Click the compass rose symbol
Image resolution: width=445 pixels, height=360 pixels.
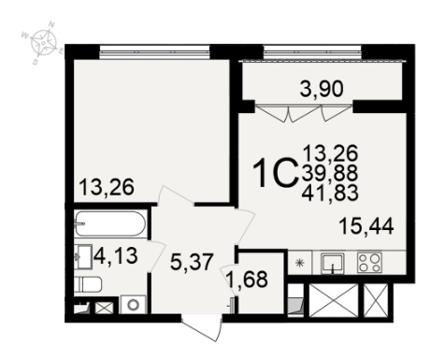pyautogui.click(x=43, y=41)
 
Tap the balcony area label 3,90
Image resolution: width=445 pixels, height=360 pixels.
pyautogui.click(x=321, y=89)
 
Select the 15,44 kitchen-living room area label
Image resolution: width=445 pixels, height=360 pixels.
pyautogui.click(x=366, y=225)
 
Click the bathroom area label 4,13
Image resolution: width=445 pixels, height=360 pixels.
pyautogui.click(x=116, y=256)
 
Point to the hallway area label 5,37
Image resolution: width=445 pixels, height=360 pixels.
pyautogui.click(x=192, y=262)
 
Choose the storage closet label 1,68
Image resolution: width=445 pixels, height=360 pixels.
pyautogui.click(x=249, y=279)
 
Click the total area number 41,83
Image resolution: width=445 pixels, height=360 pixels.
pyautogui.click(x=330, y=193)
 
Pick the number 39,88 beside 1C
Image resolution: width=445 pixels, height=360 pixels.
pyautogui.click(x=330, y=173)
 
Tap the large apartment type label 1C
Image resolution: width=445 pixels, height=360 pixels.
pyautogui.click(x=274, y=173)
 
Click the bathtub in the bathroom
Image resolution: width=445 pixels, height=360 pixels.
pyautogui.click(x=109, y=223)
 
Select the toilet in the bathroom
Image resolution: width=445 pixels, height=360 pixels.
pyautogui.click(x=88, y=284)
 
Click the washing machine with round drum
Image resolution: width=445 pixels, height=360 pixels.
pyautogui.click(x=133, y=304)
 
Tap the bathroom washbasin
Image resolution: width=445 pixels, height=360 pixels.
pyautogui.click(x=83, y=256)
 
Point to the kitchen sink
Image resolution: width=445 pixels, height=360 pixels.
pyautogui.click(x=333, y=263)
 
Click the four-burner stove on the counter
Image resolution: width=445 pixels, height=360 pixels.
pyautogui.click(x=370, y=263)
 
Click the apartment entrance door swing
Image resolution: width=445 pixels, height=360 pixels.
pyautogui.click(x=202, y=329)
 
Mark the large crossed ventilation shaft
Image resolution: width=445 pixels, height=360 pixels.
pyautogui.click(x=333, y=300)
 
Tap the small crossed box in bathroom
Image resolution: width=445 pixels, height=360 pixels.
pyautogui.click(x=105, y=308)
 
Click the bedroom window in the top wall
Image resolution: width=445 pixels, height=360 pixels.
pyautogui.click(x=154, y=51)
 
